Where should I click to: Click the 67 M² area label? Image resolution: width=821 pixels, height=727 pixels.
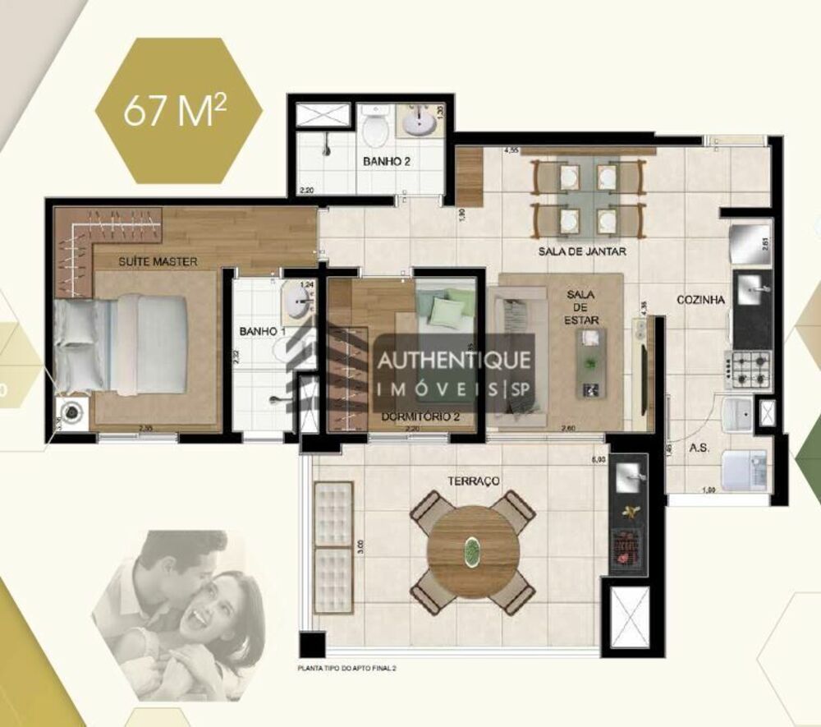tap(175, 113)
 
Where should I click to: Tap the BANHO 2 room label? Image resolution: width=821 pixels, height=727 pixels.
tap(387, 162)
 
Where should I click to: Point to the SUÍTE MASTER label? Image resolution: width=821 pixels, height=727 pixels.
tap(158, 261)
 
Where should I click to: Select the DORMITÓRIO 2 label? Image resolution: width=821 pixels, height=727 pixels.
tap(420, 417)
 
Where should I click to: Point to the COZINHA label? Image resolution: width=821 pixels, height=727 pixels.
tap(700, 301)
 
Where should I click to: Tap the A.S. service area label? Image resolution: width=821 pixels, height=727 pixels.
tap(699, 449)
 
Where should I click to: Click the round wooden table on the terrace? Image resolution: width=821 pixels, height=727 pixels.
tap(474, 547)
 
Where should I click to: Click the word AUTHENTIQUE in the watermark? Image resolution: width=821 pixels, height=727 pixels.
tap(453, 360)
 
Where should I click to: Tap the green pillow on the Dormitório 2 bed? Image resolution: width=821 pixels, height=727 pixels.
tap(447, 313)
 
